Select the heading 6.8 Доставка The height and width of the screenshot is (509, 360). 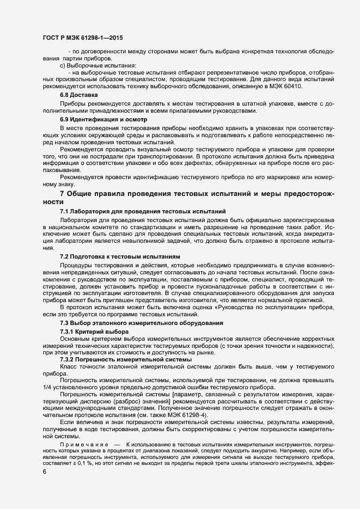tap(75, 95)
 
